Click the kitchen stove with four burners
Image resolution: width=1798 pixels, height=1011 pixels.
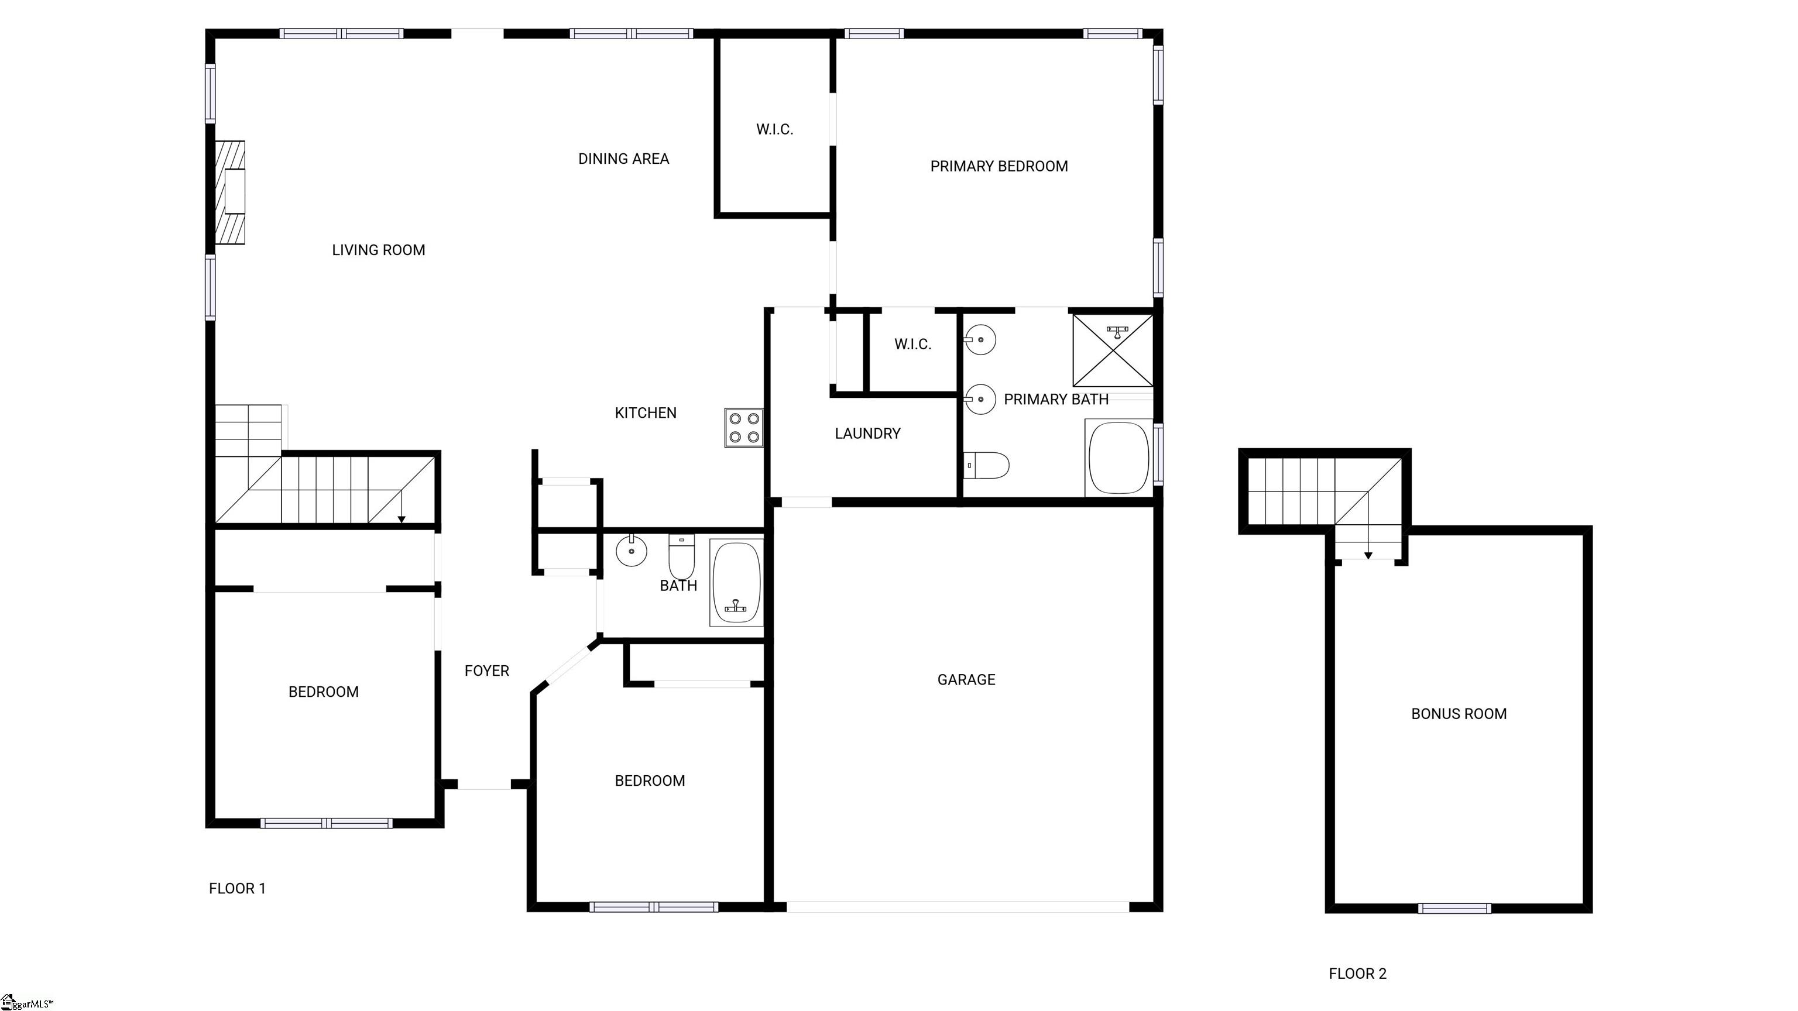(743, 428)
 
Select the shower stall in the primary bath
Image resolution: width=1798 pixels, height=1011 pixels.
(1113, 350)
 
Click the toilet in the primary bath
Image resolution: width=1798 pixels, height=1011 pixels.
(986, 465)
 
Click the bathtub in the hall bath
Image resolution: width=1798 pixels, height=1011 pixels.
(736, 582)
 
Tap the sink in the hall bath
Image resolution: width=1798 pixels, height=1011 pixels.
(631, 551)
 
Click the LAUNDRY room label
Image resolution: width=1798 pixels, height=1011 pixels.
(867, 434)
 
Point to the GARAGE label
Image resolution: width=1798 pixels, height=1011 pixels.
(966, 680)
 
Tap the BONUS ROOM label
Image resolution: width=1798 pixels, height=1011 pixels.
(1459, 714)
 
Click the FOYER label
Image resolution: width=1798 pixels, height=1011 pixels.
(486, 670)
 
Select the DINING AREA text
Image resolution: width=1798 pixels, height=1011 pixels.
(623, 159)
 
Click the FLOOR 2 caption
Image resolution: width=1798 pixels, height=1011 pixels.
(1358, 974)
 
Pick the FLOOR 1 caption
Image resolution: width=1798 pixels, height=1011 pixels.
(237, 888)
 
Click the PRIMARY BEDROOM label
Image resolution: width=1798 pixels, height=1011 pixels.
(999, 166)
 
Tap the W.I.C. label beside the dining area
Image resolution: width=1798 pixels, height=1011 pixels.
(775, 129)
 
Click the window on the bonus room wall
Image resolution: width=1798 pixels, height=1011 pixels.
(1454, 909)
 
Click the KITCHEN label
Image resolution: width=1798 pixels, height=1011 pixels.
(646, 413)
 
